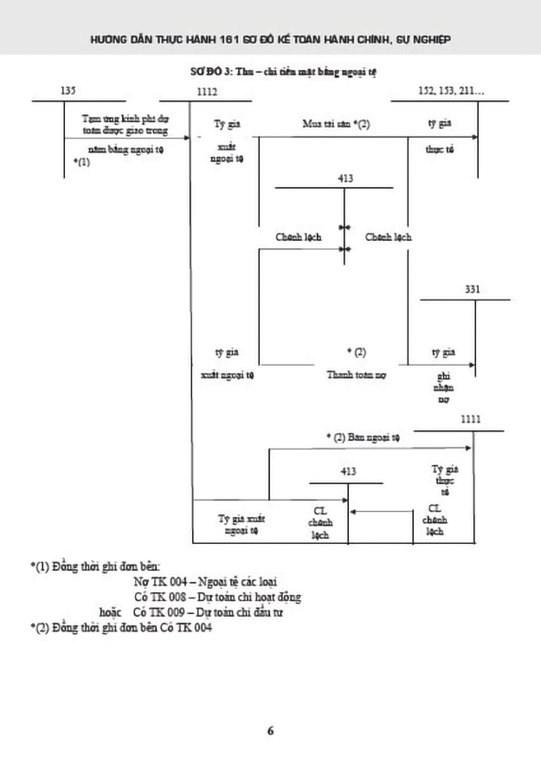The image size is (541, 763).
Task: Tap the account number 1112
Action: [208, 90]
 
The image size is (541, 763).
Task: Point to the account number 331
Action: [473, 288]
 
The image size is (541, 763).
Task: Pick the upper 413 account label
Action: [346, 178]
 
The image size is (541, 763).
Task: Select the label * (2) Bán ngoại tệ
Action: [363, 437]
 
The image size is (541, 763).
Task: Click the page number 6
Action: [271, 730]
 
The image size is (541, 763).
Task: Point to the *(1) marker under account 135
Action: [82, 162]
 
